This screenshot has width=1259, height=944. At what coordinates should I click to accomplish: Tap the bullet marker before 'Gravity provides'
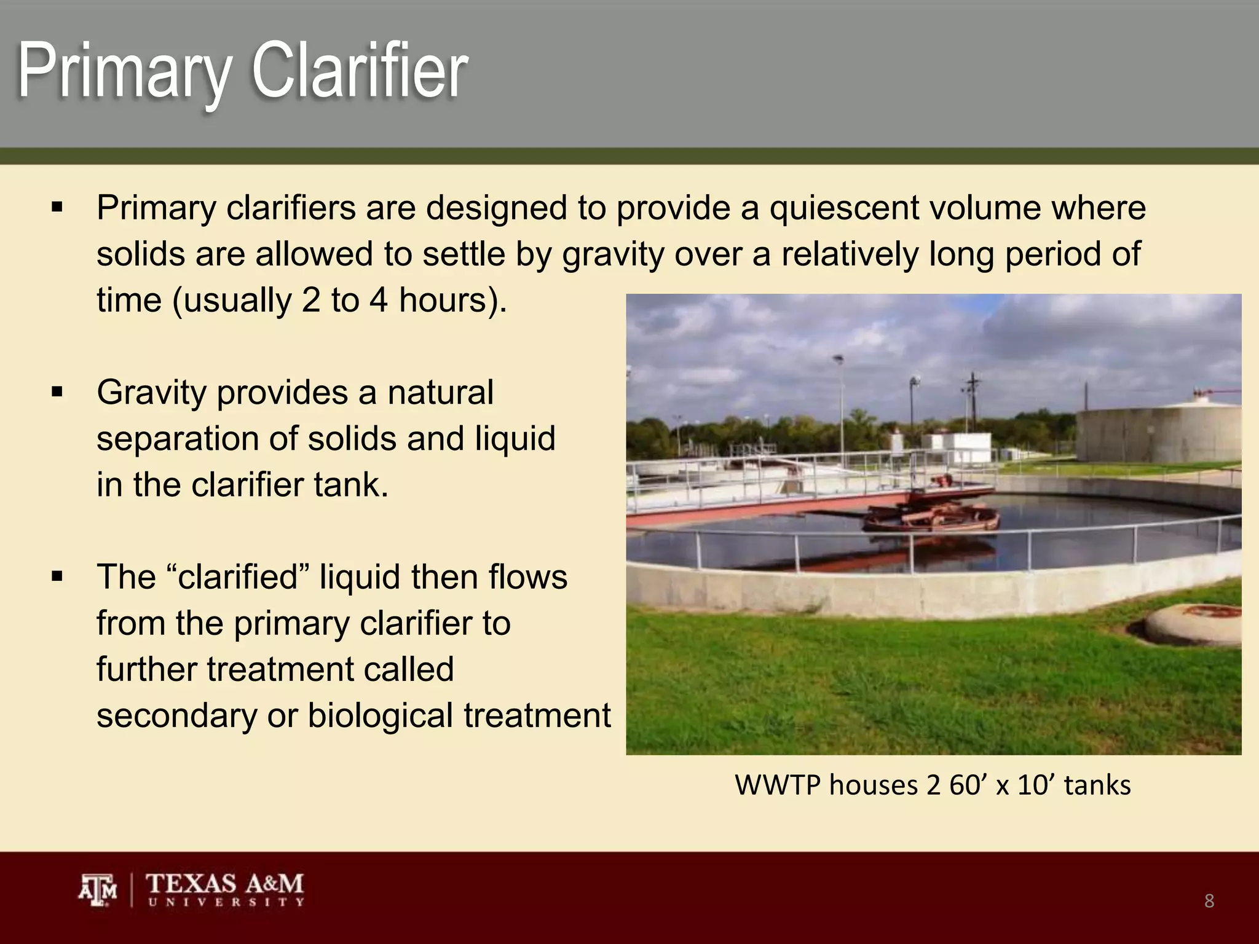[x=58, y=392]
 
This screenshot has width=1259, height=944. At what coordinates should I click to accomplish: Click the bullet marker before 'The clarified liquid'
[x=58, y=576]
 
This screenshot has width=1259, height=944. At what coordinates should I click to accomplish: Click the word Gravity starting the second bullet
[x=151, y=393]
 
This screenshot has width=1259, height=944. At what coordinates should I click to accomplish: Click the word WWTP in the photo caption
[x=777, y=785]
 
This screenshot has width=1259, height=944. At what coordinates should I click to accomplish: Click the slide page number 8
[x=1209, y=901]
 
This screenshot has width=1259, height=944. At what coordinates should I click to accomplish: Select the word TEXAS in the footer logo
[x=191, y=884]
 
